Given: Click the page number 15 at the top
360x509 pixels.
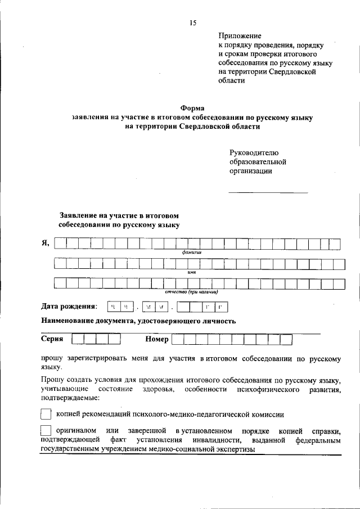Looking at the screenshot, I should (192, 22).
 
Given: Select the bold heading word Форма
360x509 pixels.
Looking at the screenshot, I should (192, 108).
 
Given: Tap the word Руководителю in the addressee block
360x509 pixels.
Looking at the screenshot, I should (254, 153).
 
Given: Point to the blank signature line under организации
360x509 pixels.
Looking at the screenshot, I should (268, 193).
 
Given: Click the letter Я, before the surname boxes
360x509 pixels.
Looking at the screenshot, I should (46, 243).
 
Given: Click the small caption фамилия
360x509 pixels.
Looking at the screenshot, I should (191, 253).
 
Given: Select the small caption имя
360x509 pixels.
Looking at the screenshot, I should (191, 272).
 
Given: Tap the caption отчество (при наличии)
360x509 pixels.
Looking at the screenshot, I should (191, 292).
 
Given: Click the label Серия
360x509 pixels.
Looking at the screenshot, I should (52, 339).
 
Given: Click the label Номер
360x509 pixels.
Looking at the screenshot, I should (157, 339).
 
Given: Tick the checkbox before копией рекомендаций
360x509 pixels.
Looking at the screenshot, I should (46, 415).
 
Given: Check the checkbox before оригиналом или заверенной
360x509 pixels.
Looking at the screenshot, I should (46, 431).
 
